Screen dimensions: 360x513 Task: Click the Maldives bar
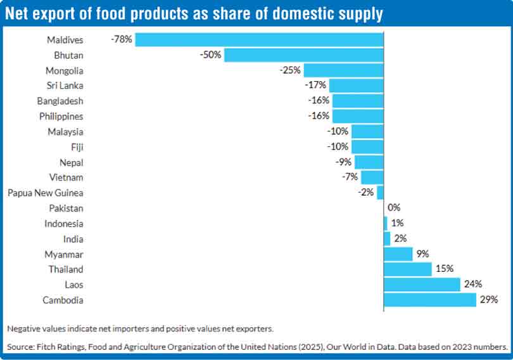coord(260,39)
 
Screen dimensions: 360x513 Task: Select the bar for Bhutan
coord(304,55)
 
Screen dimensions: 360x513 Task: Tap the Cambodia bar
coord(430,300)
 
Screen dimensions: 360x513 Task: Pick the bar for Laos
coord(422,285)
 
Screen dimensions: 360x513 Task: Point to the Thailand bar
coord(408,269)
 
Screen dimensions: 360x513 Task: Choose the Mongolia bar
coord(344,70)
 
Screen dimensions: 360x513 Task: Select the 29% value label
coord(488,300)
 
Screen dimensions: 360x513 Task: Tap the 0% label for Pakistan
coord(395,208)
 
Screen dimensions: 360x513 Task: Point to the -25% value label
coord(290,70)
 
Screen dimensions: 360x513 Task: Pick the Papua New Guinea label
coord(46,193)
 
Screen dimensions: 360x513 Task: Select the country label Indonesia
coord(64,223)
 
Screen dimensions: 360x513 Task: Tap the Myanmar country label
coord(64,254)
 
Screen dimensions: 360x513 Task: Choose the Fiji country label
coord(76,147)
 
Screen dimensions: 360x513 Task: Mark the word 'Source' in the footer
coord(22,347)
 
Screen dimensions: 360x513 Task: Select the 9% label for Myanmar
coord(422,254)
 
